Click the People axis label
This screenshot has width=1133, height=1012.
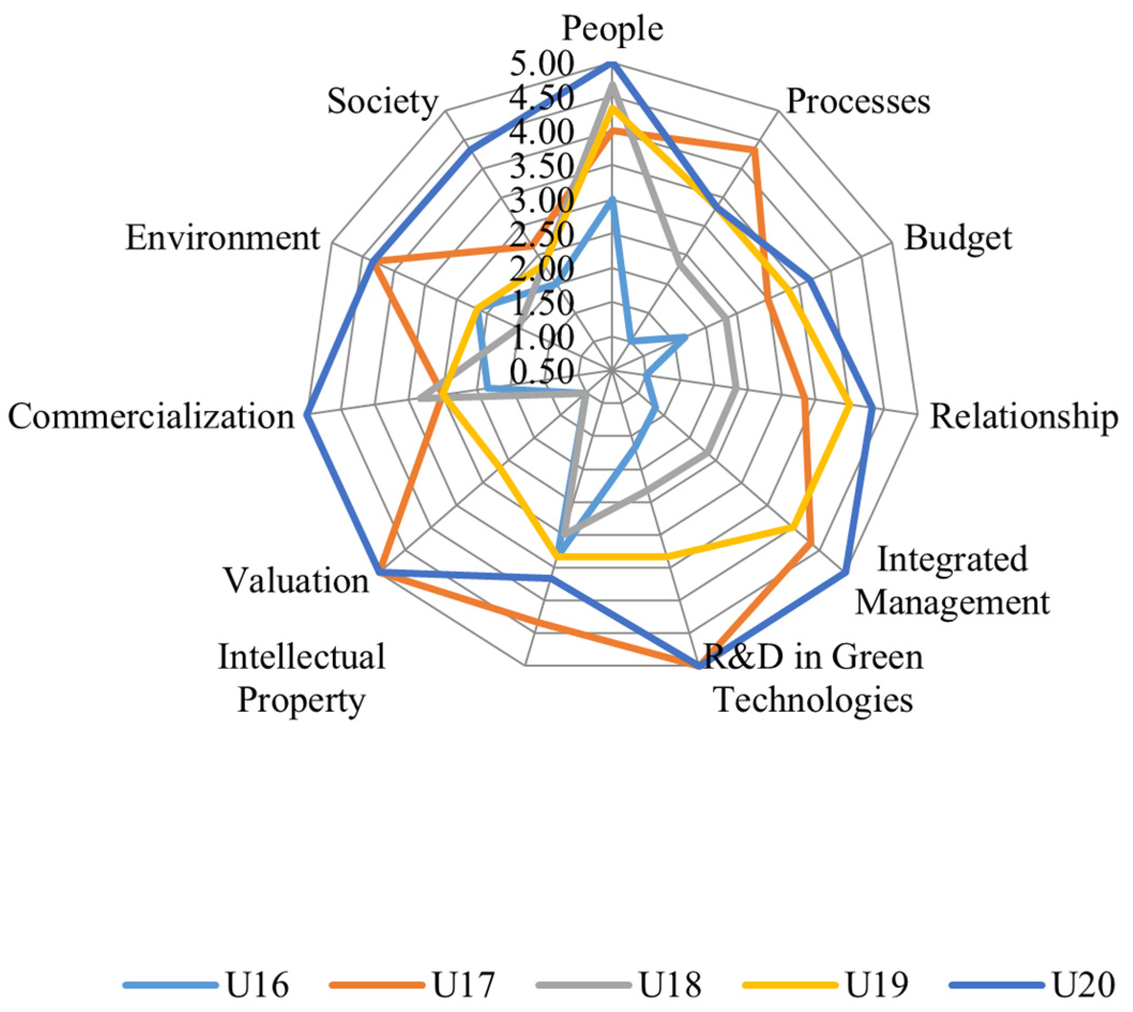tap(612, 29)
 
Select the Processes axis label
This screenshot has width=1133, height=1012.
tap(858, 102)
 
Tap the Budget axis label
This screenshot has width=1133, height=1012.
tap(958, 238)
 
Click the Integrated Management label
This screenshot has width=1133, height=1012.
tap(952, 581)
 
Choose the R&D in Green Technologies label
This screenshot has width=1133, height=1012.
tap(813, 679)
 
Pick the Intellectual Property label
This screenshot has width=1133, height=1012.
tap(301, 679)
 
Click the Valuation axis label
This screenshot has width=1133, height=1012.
tap(296, 581)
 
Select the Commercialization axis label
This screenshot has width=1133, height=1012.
tap(151, 416)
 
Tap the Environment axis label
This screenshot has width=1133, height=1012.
tap(223, 238)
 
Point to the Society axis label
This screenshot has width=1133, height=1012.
tap(383, 102)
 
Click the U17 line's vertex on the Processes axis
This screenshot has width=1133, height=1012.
tap(755, 149)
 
